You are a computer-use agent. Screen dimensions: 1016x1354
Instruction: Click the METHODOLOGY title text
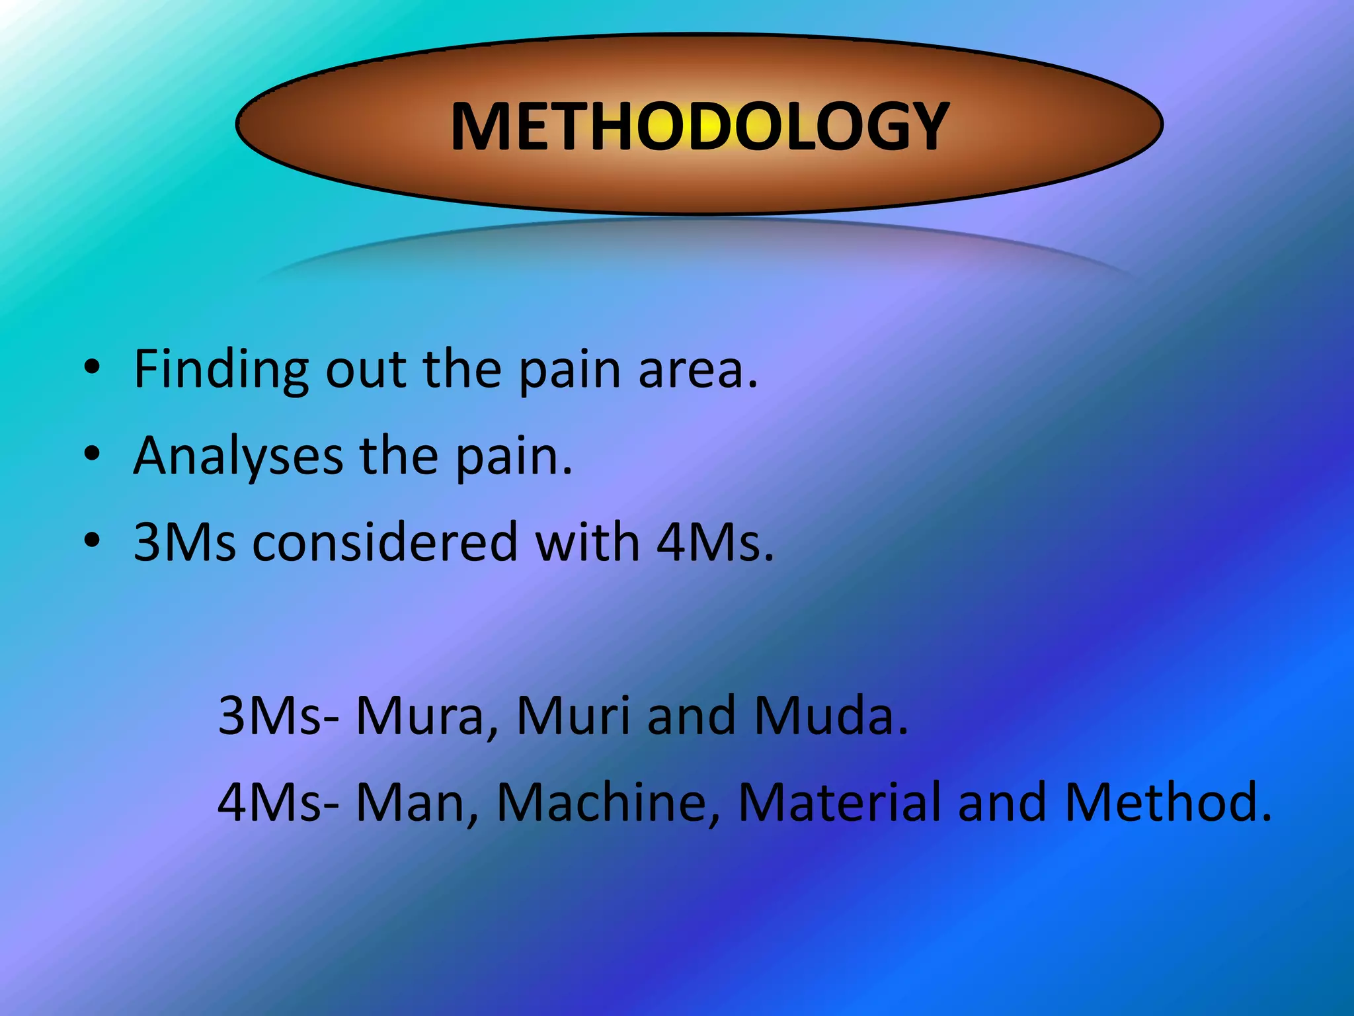(699, 126)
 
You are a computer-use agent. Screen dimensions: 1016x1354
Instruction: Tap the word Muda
(830, 716)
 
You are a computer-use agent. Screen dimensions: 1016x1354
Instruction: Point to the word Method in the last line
(1167, 802)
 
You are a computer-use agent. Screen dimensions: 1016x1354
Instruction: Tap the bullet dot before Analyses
(92, 453)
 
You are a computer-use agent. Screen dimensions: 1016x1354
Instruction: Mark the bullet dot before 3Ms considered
(92, 540)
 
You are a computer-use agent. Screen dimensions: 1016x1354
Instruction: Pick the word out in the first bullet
(366, 370)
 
